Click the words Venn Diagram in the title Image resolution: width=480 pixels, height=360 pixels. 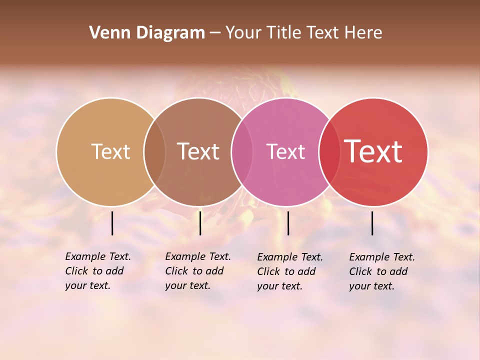(x=147, y=33)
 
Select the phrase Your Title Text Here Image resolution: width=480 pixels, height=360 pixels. (x=303, y=33)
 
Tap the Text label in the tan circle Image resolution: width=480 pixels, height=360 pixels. (x=110, y=151)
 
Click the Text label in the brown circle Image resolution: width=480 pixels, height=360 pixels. (x=198, y=151)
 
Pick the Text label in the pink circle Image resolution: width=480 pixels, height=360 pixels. (x=285, y=151)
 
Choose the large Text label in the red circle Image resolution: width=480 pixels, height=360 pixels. (x=373, y=151)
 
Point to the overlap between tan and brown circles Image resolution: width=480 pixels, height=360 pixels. (x=154, y=152)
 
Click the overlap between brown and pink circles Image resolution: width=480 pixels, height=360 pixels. (x=242, y=152)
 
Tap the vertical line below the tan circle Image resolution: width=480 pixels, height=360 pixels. (x=112, y=223)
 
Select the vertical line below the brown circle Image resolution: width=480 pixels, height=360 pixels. (x=200, y=223)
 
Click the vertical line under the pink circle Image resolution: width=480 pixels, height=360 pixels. (x=288, y=223)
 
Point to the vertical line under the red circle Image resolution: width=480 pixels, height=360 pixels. (x=372, y=223)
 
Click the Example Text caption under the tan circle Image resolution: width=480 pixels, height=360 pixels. (x=98, y=271)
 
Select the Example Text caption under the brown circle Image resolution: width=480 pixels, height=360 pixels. (x=198, y=271)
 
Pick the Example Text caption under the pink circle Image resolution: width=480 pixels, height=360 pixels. (x=290, y=271)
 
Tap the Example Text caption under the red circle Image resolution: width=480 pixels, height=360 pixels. (x=382, y=271)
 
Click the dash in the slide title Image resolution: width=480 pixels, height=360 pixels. (x=215, y=33)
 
